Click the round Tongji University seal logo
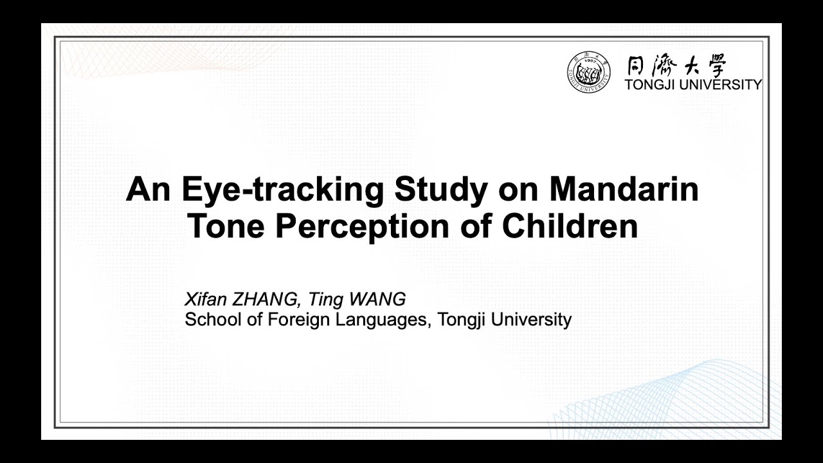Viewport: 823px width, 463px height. (589, 71)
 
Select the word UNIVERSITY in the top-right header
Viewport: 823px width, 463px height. (724, 84)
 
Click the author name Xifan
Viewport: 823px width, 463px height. (203, 300)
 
